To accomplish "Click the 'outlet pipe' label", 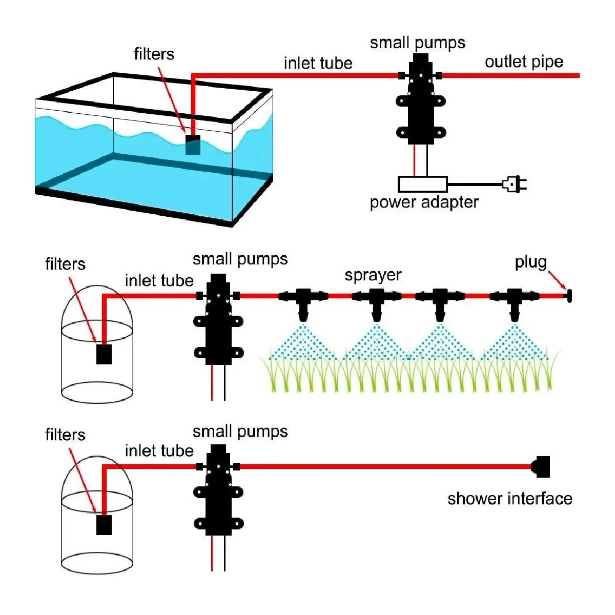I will tap(524, 62).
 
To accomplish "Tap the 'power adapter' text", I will tap(424, 202).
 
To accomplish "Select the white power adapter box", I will tap(423, 184).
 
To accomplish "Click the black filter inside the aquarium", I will tap(193, 145).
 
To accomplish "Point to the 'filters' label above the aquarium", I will tap(154, 54).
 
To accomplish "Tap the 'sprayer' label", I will tap(373, 275).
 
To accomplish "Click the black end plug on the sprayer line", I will tap(569, 296).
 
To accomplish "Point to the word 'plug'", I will tap(530, 262).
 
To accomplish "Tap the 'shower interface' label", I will tap(509, 499).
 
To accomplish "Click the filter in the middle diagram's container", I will tap(104, 354).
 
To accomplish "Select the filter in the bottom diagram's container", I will tap(104, 524).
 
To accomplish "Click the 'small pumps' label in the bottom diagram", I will tap(240, 432).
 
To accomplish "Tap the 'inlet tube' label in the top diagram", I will tap(318, 63).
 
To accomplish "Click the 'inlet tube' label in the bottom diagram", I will tap(159, 451).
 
